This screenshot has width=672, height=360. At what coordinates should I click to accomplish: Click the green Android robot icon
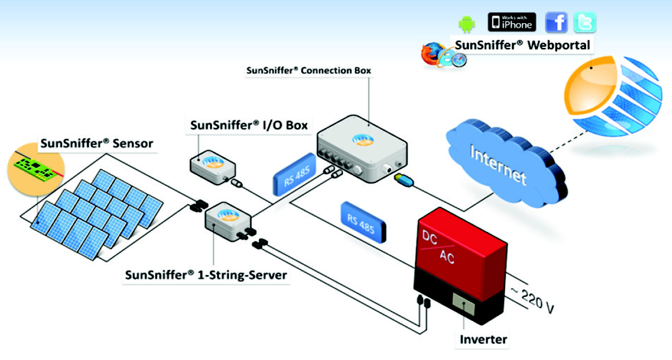tap(466, 24)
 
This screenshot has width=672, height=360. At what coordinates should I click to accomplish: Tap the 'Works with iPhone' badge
tap(512, 22)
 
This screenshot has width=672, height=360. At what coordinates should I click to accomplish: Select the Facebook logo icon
tap(557, 22)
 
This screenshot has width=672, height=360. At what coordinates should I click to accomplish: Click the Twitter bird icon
tap(584, 22)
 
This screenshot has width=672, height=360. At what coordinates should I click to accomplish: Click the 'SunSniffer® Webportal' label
tap(522, 45)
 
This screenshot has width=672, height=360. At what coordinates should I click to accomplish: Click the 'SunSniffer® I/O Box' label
tap(249, 125)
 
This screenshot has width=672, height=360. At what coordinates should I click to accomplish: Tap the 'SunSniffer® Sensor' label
tap(96, 143)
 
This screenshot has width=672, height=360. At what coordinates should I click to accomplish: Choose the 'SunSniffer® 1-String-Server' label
tap(206, 275)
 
